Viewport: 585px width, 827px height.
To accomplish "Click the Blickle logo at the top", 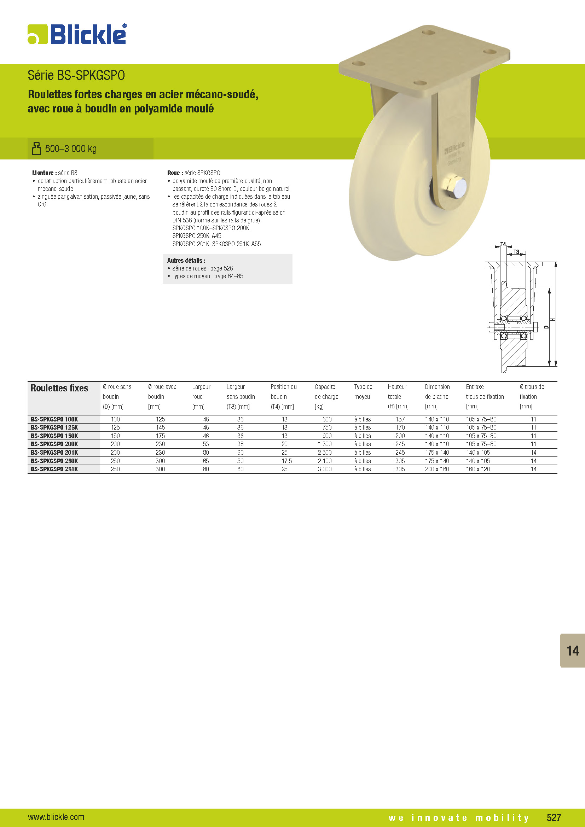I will (x=77, y=35).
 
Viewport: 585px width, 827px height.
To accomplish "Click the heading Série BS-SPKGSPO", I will (x=76, y=75).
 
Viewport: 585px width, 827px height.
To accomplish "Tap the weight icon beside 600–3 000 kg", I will (x=36, y=148).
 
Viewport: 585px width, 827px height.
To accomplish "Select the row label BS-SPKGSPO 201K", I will (x=54, y=453).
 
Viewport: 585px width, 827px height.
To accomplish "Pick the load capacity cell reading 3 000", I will (x=325, y=469).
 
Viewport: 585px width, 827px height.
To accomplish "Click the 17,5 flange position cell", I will (x=286, y=461).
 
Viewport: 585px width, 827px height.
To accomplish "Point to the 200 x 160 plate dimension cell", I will (x=437, y=469).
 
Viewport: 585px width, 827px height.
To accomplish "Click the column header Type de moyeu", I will (x=363, y=391).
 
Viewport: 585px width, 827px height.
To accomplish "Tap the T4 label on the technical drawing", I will (x=503, y=244).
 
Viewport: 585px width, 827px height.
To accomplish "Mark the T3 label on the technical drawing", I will (x=516, y=252).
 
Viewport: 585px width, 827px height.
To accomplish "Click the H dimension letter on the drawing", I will (x=553, y=320).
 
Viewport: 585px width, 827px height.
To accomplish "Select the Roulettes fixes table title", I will (x=59, y=388).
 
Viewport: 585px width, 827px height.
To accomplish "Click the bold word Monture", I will (x=43, y=173).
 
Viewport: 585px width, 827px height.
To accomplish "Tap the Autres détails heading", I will (x=186, y=261).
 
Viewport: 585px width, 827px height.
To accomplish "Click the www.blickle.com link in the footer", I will (x=56, y=816).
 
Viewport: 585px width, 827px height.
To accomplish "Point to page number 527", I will (x=554, y=817).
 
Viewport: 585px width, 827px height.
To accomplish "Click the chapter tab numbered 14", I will (x=572, y=651).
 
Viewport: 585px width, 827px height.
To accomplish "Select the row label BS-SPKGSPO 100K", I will (x=54, y=419).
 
